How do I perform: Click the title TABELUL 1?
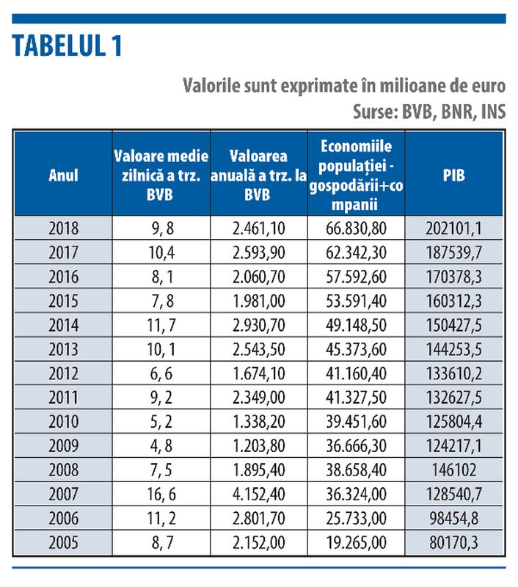click(x=68, y=46)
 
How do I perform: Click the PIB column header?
click(x=454, y=175)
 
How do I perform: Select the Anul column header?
click(x=63, y=175)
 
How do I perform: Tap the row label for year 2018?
click(x=63, y=228)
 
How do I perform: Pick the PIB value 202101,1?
click(x=453, y=228)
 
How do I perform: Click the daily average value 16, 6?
click(x=161, y=494)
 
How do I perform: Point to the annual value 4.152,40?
click(x=259, y=494)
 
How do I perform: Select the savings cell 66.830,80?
click(x=356, y=228)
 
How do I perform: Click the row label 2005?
click(x=63, y=542)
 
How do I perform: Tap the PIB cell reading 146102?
click(x=454, y=470)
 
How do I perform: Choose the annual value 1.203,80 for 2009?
click(x=259, y=446)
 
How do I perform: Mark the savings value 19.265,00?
click(x=356, y=542)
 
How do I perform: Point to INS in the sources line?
click(x=494, y=112)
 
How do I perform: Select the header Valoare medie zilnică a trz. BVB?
click(x=161, y=175)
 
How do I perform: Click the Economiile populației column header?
click(x=356, y=175)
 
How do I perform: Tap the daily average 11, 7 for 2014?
click(x=161, y=325)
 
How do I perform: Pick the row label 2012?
click(x=63, y=373)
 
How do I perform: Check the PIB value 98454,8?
click(x=454, y=518)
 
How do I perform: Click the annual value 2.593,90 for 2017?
click(x=259, y=252)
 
